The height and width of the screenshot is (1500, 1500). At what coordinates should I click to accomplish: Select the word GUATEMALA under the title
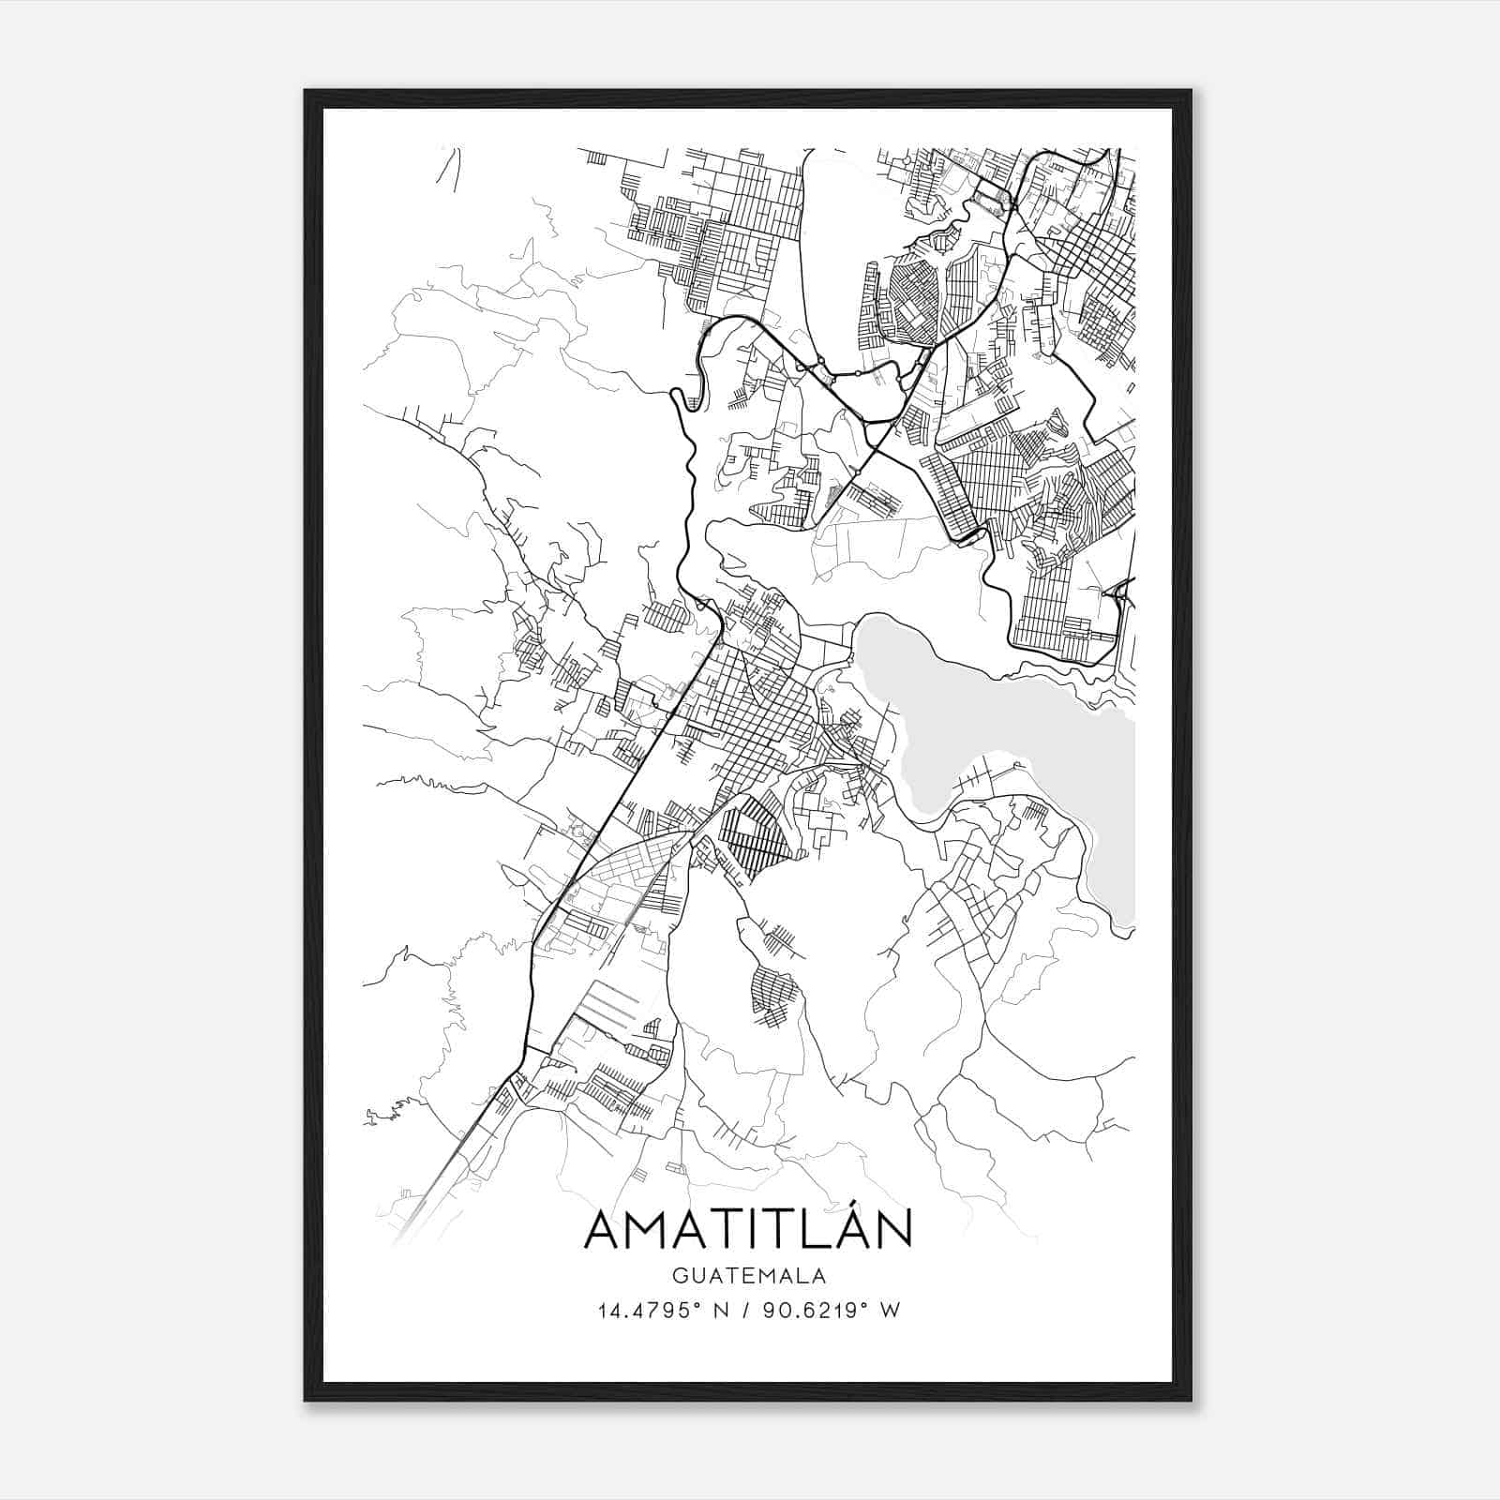point(748,1276)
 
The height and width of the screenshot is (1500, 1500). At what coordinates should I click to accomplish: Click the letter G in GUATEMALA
point(678,1276)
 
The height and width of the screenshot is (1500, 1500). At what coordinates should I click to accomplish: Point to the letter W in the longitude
point(892,1310)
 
